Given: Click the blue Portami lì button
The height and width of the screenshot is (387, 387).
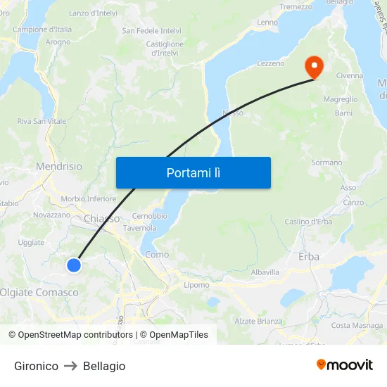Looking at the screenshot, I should point(193,172).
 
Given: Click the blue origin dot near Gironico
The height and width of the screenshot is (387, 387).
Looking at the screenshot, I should point(74,265).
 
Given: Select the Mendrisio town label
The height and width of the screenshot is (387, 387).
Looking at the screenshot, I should point(58,167).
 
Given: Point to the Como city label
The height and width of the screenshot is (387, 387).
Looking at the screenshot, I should point(156,255).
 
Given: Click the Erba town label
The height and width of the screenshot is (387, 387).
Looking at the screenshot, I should point(309,257).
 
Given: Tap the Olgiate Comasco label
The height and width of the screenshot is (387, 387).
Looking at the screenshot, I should point(39,292).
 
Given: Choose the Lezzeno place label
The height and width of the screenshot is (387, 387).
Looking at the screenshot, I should point(271,63).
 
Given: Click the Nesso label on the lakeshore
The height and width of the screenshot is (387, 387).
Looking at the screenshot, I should point(232,113).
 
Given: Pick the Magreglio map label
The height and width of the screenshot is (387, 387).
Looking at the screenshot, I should point(340,99).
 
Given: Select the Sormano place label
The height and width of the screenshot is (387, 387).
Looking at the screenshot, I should point(326,163).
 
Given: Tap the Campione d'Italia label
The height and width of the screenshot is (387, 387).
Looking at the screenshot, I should point(42,30).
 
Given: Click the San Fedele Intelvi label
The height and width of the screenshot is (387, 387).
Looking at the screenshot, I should point(151,31).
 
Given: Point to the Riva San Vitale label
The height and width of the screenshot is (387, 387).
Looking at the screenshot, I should point(42,121).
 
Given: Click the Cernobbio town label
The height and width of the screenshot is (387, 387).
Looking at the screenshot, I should point(150,216).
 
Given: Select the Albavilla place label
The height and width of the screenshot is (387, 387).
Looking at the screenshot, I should point(265,272).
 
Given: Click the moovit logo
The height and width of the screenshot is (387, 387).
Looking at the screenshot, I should point(344,365).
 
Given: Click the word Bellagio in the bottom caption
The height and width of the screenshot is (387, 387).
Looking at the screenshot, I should point(104,366).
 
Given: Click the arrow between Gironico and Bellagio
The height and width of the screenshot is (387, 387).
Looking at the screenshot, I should point(70,366).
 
